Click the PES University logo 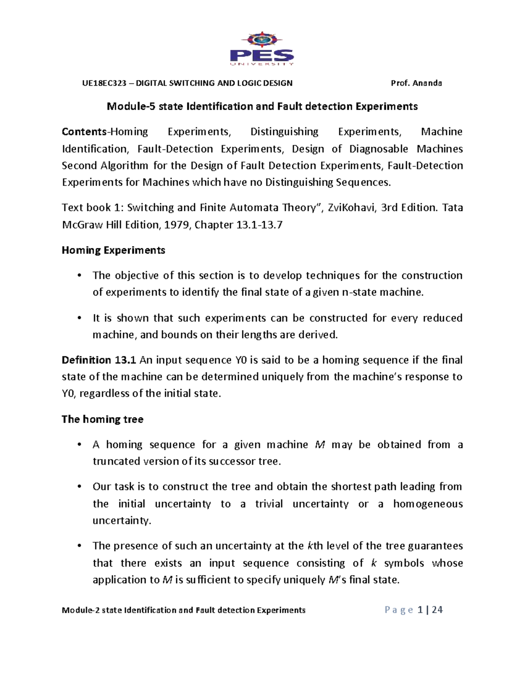[262, 49]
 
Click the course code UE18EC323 [104, 83]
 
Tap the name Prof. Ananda [416, 83]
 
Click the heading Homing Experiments [113, 250]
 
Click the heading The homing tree [102, 419]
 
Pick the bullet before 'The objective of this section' [79, 276]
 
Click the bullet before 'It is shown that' [79, 318]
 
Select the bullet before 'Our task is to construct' [79, 487]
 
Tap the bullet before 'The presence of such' [79, 547]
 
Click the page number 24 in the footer [437, 610]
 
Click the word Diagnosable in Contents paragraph [378, 149]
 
